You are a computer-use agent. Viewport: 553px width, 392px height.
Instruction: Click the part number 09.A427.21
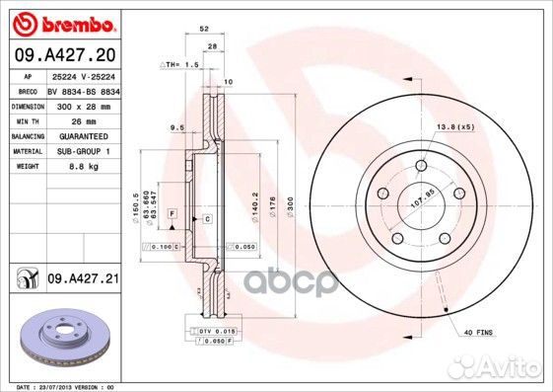coord(83,280)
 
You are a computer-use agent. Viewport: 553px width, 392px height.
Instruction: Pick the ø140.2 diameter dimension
coord(254,206)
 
